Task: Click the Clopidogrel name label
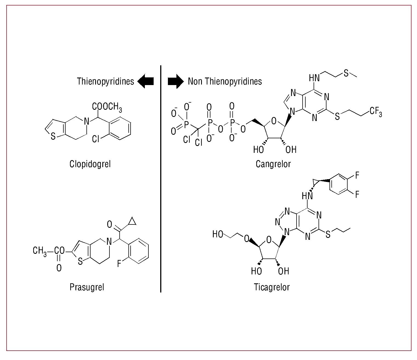tap(90, 164)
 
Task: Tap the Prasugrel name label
tap(87, 287)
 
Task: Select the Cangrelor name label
tap(273, 164)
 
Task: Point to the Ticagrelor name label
tap(272, 287)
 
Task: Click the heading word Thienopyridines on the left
tap(105, 81)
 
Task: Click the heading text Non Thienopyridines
tap(225, 81)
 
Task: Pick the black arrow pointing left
tap(145, 81)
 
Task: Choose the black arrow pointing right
tap(176, 81)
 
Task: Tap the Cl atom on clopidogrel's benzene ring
tap(96, 139)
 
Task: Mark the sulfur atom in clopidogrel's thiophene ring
tap(53, 136)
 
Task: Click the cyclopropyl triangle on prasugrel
tap(132, 221)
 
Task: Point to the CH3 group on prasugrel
tap(40, 251)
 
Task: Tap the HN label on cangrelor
tap(314, 78)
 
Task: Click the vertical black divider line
tap(160, 178)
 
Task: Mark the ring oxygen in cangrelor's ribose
tap(274, 120)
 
